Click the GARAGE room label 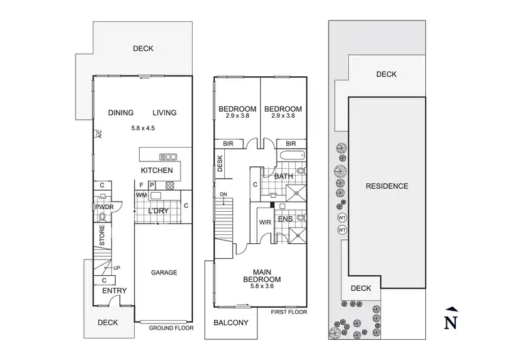tap(164, 272)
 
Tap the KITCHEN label tap(157, 170)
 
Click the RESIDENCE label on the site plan tap(386, 186)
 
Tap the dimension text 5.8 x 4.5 tap(144, 127)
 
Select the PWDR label tap(104, 206)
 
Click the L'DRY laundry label tap(158, 211)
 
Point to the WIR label tap(266, 222)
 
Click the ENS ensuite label tap(285, 219)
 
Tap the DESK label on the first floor tap(220, 163)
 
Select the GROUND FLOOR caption tap(171, 328)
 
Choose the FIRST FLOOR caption tap(288, 312)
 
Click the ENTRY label tap(114, 291)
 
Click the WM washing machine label tap(142, 196)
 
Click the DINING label tap(121, 113)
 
